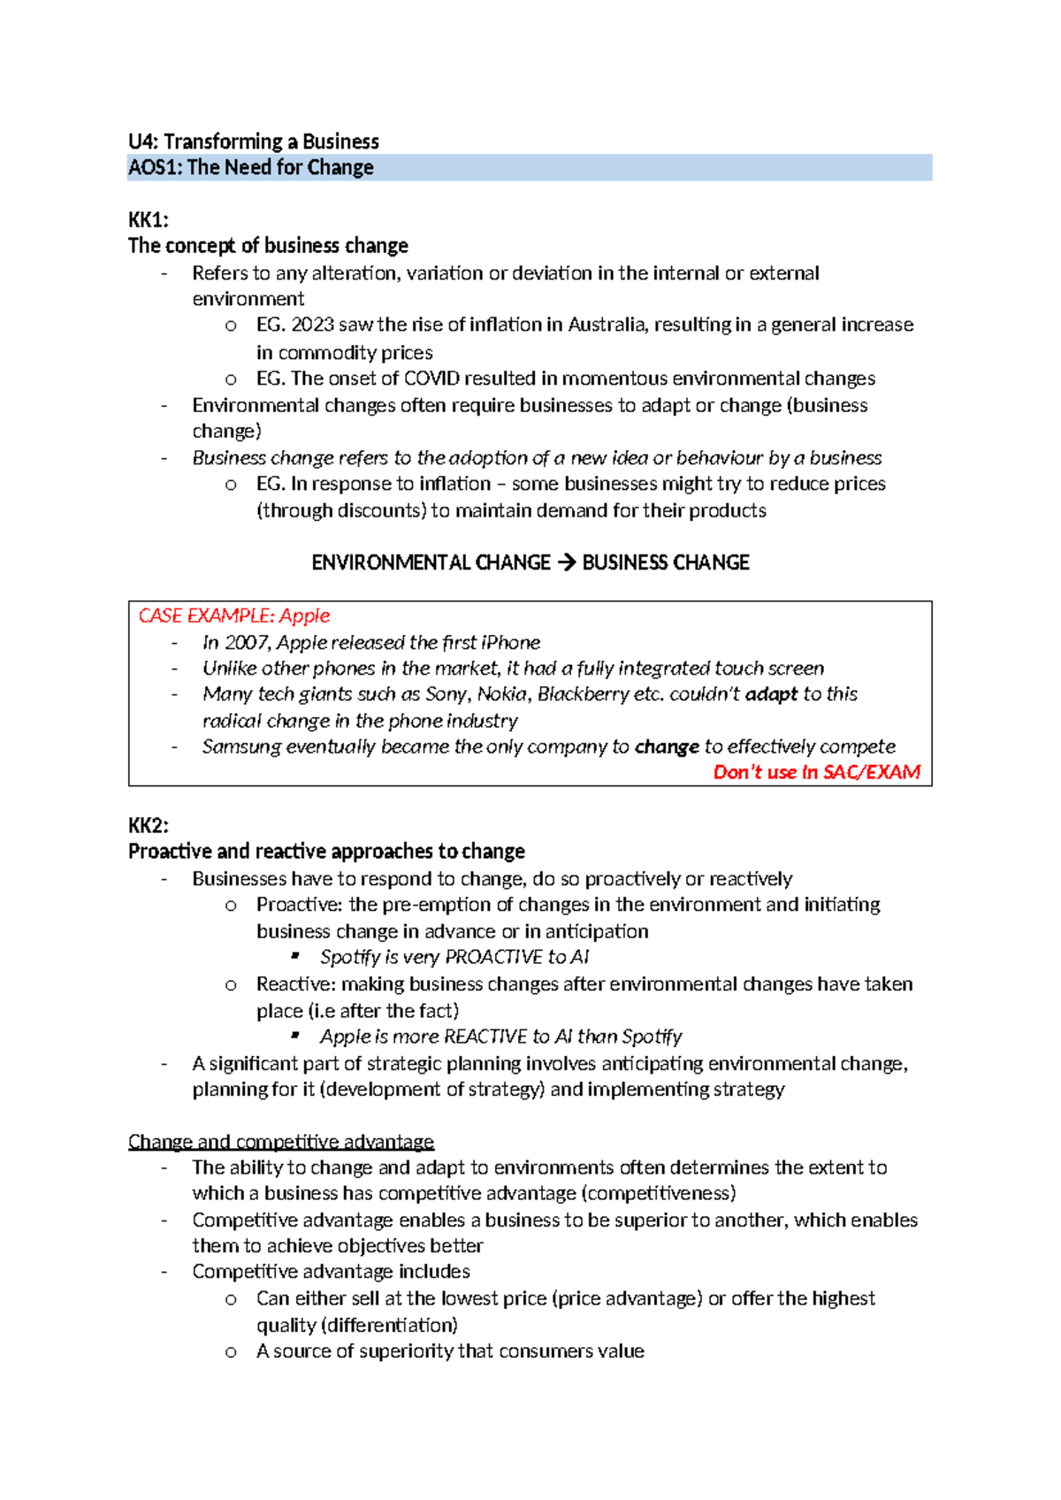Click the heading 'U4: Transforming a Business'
pyautogui.click(x=253, y=142)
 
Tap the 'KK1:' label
pyautogui.click(x=148, y=219)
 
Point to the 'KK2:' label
pyautogui.click(x=148, y=825)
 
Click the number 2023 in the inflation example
pyautogui.click(x=312, y=325)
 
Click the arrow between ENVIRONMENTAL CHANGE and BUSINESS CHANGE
pyautogui.click(x=566, y=562)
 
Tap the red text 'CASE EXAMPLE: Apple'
pyautogui.click(x=233, y=616)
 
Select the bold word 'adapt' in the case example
pyautogui.click(x=771, y=694)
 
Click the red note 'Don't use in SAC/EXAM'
pyautogui.click(x=816, y=772)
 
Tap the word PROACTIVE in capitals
pyautogui.click(x=493, y=957)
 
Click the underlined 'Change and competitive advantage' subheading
pyautogui.click(x=281, y=1141)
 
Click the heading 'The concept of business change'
pyautogui.click(x=268, y=245)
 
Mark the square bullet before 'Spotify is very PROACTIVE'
pyautogui.click(x=295, y=956)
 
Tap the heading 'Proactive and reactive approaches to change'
pyautogui.click(x=326, y=851)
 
